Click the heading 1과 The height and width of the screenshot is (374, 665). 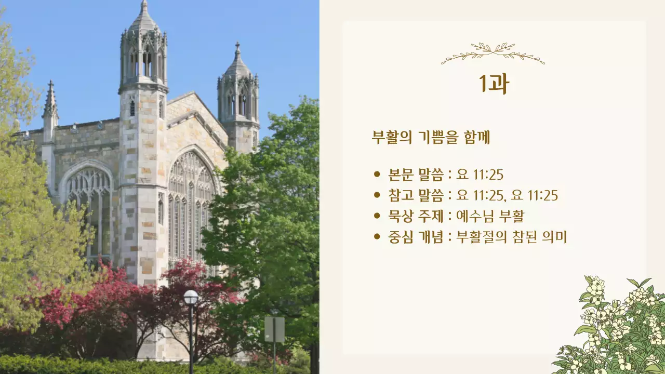point(493,84)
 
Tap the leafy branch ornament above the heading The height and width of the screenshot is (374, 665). point(493,53)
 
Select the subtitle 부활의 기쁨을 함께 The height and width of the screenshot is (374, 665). point(431,138)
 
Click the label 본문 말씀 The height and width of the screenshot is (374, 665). point(416,175)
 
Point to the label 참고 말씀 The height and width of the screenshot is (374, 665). point(416,195)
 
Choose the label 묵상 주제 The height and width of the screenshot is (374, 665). point(416,216)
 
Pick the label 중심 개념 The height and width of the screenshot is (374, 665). point(416,237)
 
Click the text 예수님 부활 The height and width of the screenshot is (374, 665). point(490,216)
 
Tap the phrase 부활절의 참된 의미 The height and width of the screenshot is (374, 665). point(511,237)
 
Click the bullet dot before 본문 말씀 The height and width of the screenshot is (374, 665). point(377,175)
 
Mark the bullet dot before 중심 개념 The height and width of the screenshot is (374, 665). point(377,237)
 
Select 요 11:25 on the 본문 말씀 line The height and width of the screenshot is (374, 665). point(480,175)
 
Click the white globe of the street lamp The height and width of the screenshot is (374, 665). point(191,297)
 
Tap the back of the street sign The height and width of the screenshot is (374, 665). point(274,329)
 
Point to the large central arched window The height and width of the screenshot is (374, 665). point(191,208)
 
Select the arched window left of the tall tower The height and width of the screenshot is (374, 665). point(88,208)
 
